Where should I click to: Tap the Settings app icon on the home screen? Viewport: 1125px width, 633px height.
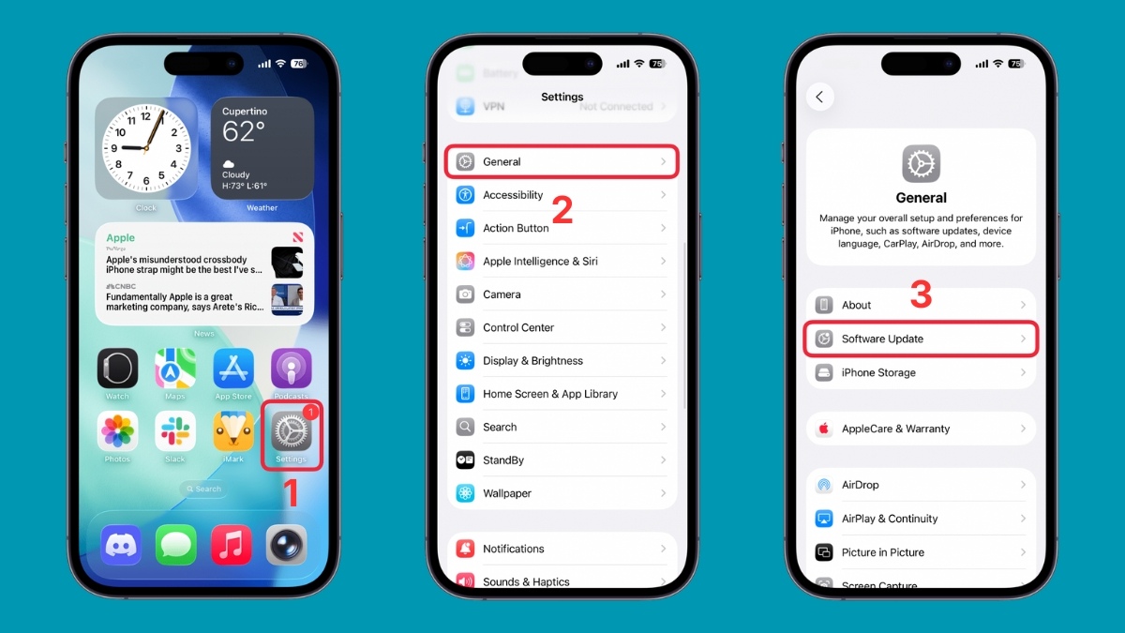point(291,431)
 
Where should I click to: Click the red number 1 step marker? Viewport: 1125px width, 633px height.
point(291,492)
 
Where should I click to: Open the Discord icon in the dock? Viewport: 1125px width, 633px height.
point(121,544)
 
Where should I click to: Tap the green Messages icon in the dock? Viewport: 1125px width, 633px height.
point(175,544)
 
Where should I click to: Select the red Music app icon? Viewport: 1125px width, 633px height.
point(231,544)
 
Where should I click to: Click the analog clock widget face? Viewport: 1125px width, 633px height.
point(145,148)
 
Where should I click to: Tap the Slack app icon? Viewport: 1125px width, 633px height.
point(175,431)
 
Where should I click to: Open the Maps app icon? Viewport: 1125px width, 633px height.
point(175,369)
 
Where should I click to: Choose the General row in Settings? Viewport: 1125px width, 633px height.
point(561,162)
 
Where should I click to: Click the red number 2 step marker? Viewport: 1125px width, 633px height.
point(562,211)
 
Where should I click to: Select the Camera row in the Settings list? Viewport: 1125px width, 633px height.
point(561,294)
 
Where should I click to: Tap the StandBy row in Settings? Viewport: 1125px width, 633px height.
point(561,460)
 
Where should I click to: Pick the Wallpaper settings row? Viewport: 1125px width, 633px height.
point(561,493)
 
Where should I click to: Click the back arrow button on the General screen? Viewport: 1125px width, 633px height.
point(820,97)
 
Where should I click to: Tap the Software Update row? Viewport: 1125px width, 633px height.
point(920,339)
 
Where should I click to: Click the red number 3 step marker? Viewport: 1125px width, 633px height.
point(921,294)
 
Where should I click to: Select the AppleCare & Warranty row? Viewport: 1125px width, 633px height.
point(920,429)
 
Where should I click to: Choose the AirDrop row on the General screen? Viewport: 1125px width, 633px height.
point(920,485)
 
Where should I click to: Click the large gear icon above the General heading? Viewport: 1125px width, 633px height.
point(921,164)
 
